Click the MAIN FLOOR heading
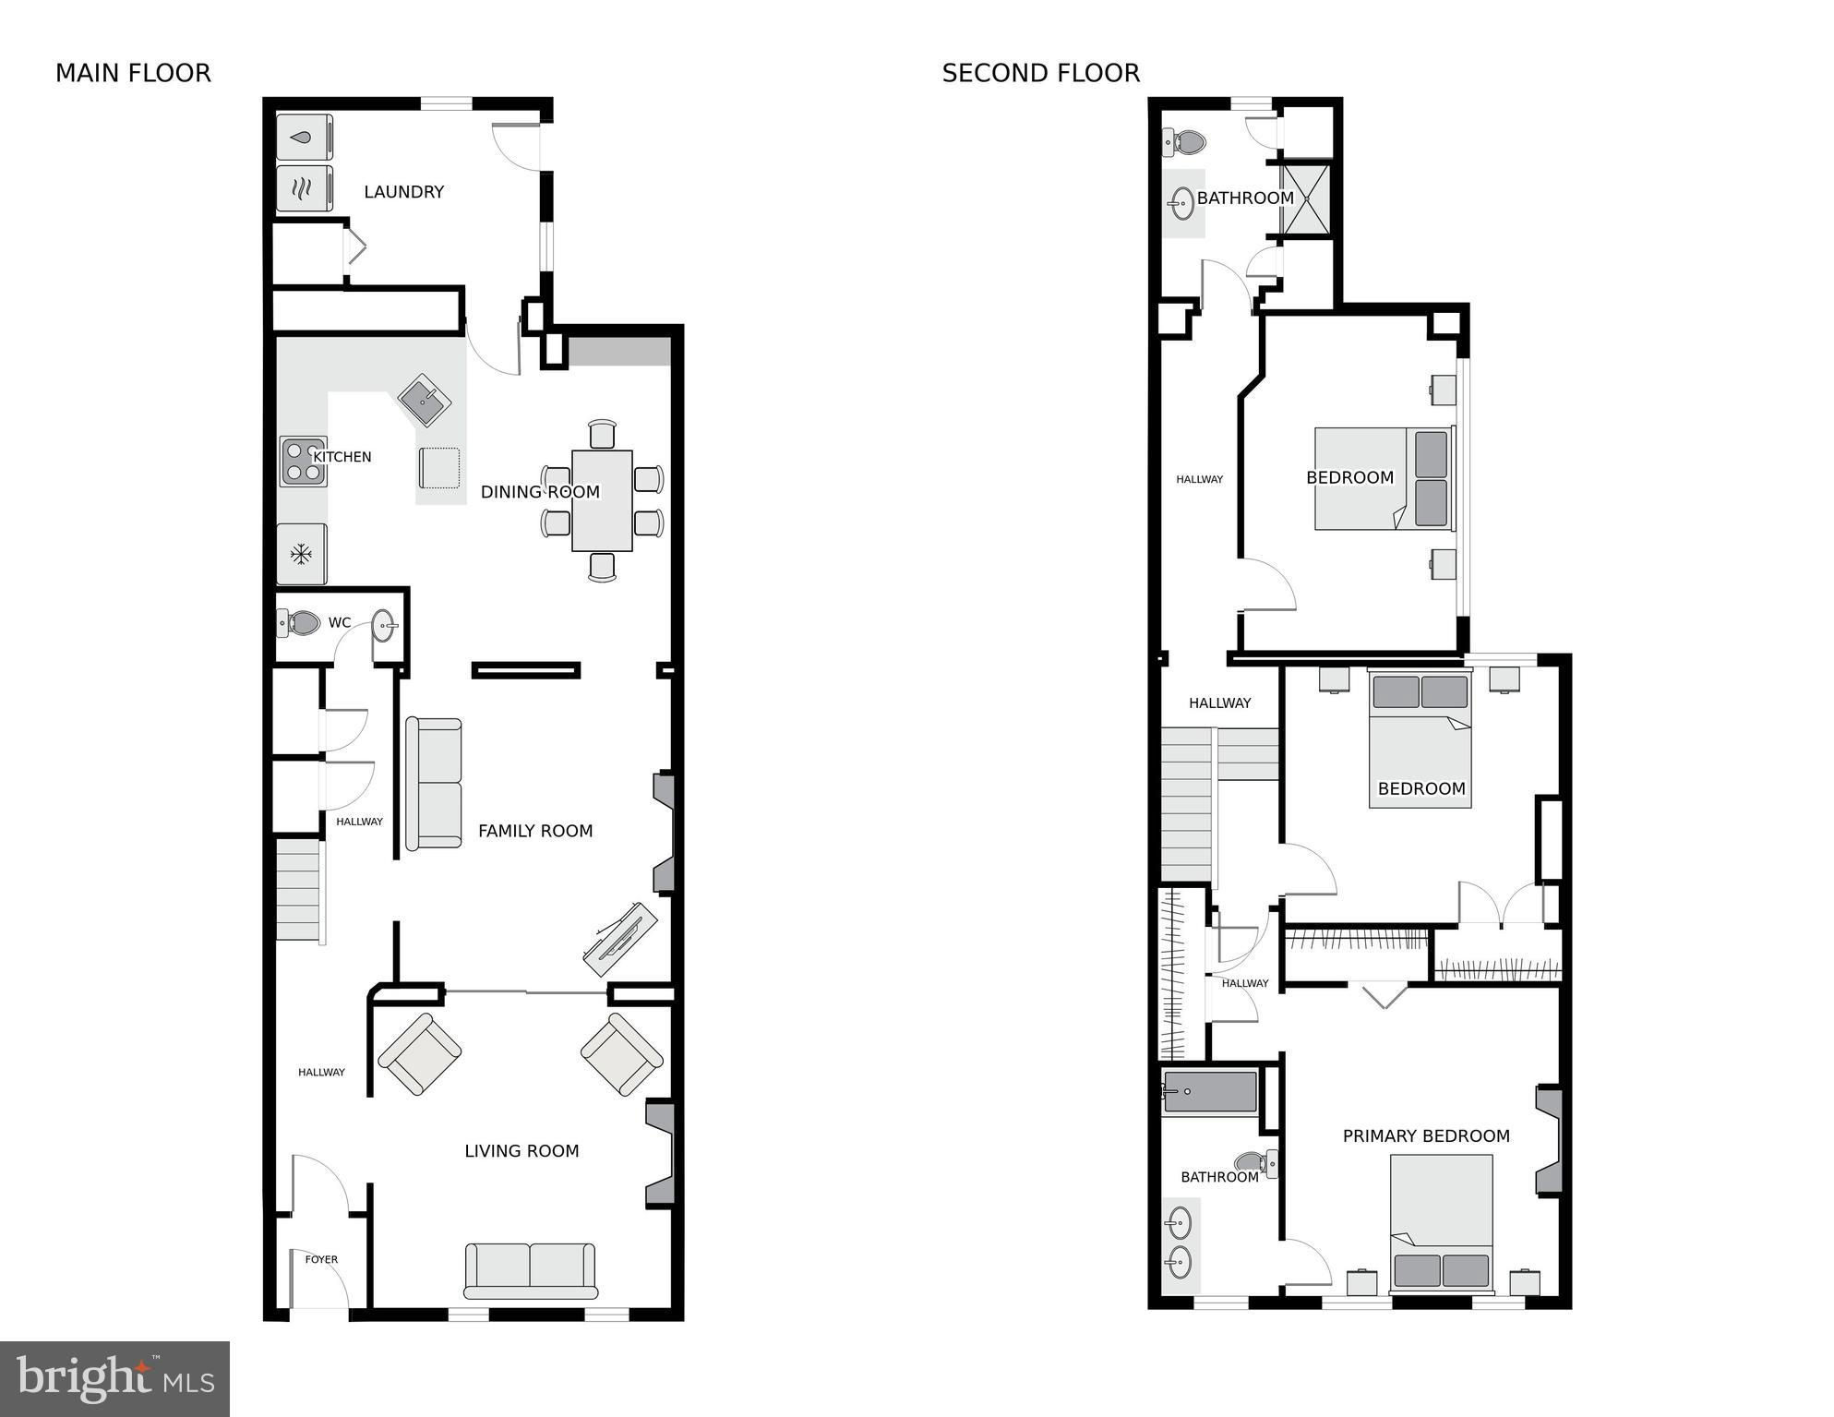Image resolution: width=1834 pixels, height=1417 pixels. [133, 73]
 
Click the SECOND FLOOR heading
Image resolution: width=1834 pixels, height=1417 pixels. [1040, 73]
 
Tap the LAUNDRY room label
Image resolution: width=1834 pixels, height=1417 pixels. [403, 192]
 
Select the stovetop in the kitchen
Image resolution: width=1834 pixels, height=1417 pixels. [303, 462]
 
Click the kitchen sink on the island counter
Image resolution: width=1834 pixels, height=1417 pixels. [424, 400]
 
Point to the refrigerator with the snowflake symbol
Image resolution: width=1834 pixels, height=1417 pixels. [301, 554]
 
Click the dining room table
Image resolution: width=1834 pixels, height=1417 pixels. [602, 500]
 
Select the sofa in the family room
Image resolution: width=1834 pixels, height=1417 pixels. [433, 783]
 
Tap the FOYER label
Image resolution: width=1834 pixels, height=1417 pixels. [321, 1259]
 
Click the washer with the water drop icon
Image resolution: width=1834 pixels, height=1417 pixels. [305, 138]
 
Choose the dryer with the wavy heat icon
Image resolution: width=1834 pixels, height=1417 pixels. [305, 189]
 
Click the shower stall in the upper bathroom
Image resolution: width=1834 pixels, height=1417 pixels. [1306, 198]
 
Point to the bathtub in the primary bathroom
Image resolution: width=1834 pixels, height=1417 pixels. [1209, 1092]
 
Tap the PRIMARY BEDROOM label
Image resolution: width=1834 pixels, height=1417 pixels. [1426, 1136]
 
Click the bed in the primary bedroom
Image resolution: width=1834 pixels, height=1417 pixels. [1442, 1221]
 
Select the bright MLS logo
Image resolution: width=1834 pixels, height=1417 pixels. [114, 1378]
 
